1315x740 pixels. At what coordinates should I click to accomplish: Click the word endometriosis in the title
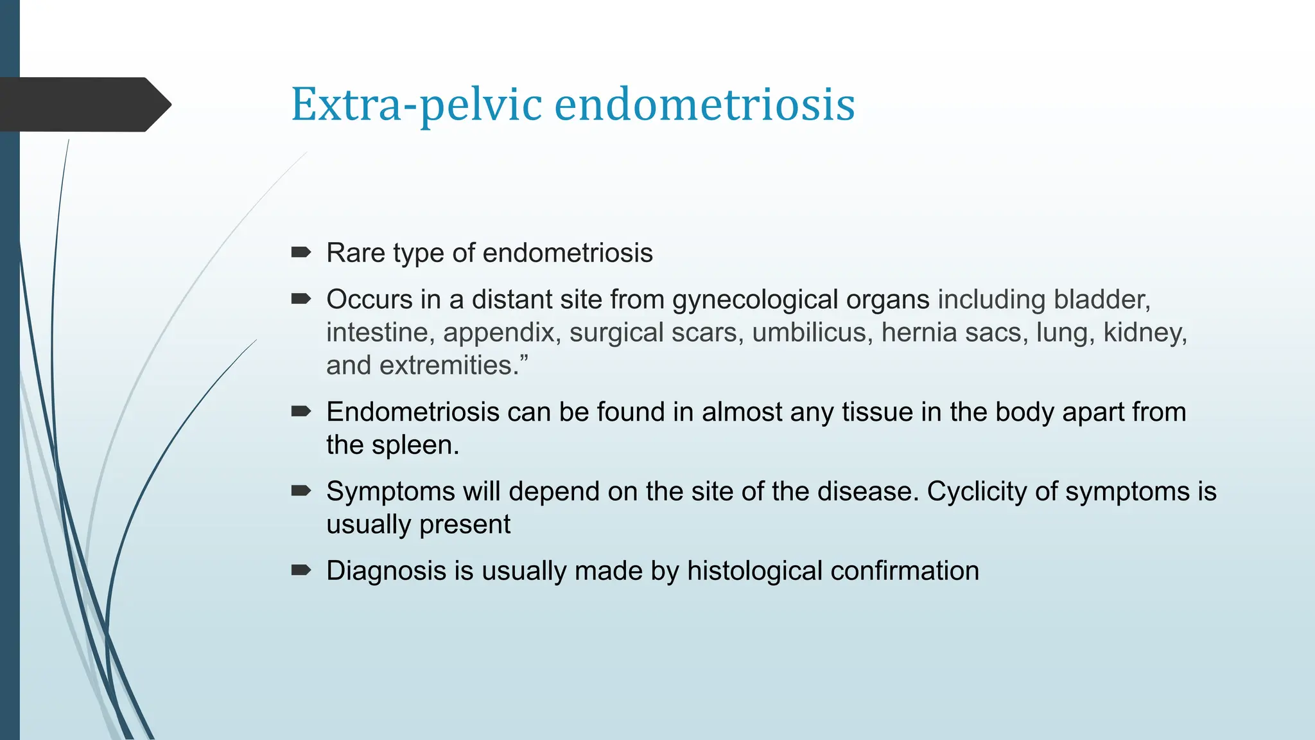click(704, 105)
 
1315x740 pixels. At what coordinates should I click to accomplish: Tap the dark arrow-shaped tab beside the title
click(83, 105)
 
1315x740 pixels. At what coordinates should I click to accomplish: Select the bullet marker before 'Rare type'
click(300, 252)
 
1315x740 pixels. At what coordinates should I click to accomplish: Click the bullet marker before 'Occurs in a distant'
click(300, 299)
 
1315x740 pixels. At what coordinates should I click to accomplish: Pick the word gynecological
click(801, 300)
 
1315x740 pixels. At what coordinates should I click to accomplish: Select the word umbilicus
click(809, 333)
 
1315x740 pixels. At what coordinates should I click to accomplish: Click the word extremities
click(449, 366)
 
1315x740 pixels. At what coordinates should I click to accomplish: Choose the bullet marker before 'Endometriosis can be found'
click(300, 411)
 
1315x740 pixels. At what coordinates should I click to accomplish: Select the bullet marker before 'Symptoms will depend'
click(300, 491)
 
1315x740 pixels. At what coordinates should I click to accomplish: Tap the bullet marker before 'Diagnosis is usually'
click(300, 570)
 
